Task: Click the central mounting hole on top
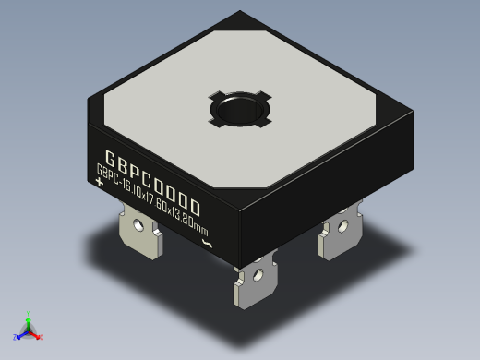[x=240, y=109]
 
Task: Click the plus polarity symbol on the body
[x=100, y=182]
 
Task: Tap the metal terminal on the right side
[x=338, y=238]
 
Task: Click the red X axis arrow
[x=37, y=335]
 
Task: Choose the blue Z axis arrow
[x=19, y=333]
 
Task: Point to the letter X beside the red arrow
[x=42, y=338]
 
